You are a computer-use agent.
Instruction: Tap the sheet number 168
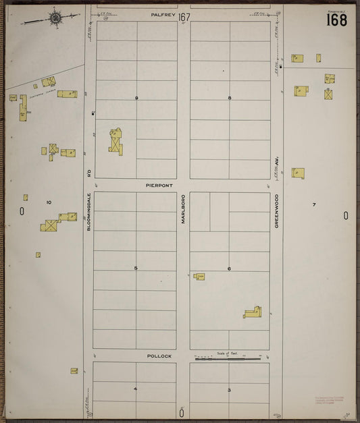(x=336, y=20)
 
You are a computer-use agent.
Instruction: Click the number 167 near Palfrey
(x=184, y=16)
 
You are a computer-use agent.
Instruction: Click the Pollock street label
(x=159, y=356)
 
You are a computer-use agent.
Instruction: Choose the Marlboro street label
(x=182, y=210)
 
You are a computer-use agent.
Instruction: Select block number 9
(x=136, y=98)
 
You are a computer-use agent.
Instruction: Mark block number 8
(x=230, y=98)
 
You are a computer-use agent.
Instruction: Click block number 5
(x=135, y=269)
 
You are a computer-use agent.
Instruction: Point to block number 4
(x=135, y=389)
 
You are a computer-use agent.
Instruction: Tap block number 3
(x=229, y=390)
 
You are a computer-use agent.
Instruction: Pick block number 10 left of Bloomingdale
(x=49, y=202)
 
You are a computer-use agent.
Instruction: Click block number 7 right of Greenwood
(x=314, y=204)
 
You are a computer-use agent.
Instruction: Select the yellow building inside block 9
(x=116, y=142)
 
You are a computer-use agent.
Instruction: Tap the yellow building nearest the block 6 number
(x=200, y=276)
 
